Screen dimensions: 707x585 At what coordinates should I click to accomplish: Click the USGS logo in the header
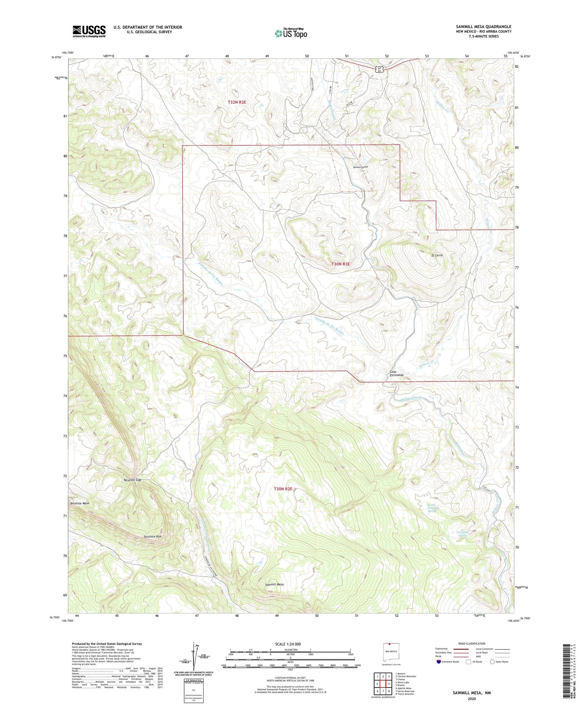coord(89,31)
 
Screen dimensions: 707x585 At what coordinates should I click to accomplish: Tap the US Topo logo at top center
coord(291,33)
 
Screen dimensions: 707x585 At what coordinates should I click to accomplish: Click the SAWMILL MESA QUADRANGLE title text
coord(483,27)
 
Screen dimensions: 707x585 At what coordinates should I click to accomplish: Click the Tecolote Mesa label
coord(79,503)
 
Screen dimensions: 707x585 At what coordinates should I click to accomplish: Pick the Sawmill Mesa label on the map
coord(274,585)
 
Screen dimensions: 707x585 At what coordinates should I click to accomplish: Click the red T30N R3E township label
coord(340,264)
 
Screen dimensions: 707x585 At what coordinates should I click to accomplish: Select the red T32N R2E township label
coord(237,102)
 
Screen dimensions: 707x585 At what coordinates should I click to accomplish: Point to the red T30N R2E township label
coord(283,489)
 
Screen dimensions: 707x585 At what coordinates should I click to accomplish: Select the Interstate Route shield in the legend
coord(439,662)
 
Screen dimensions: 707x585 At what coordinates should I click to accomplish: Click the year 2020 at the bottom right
coord(472,698)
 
